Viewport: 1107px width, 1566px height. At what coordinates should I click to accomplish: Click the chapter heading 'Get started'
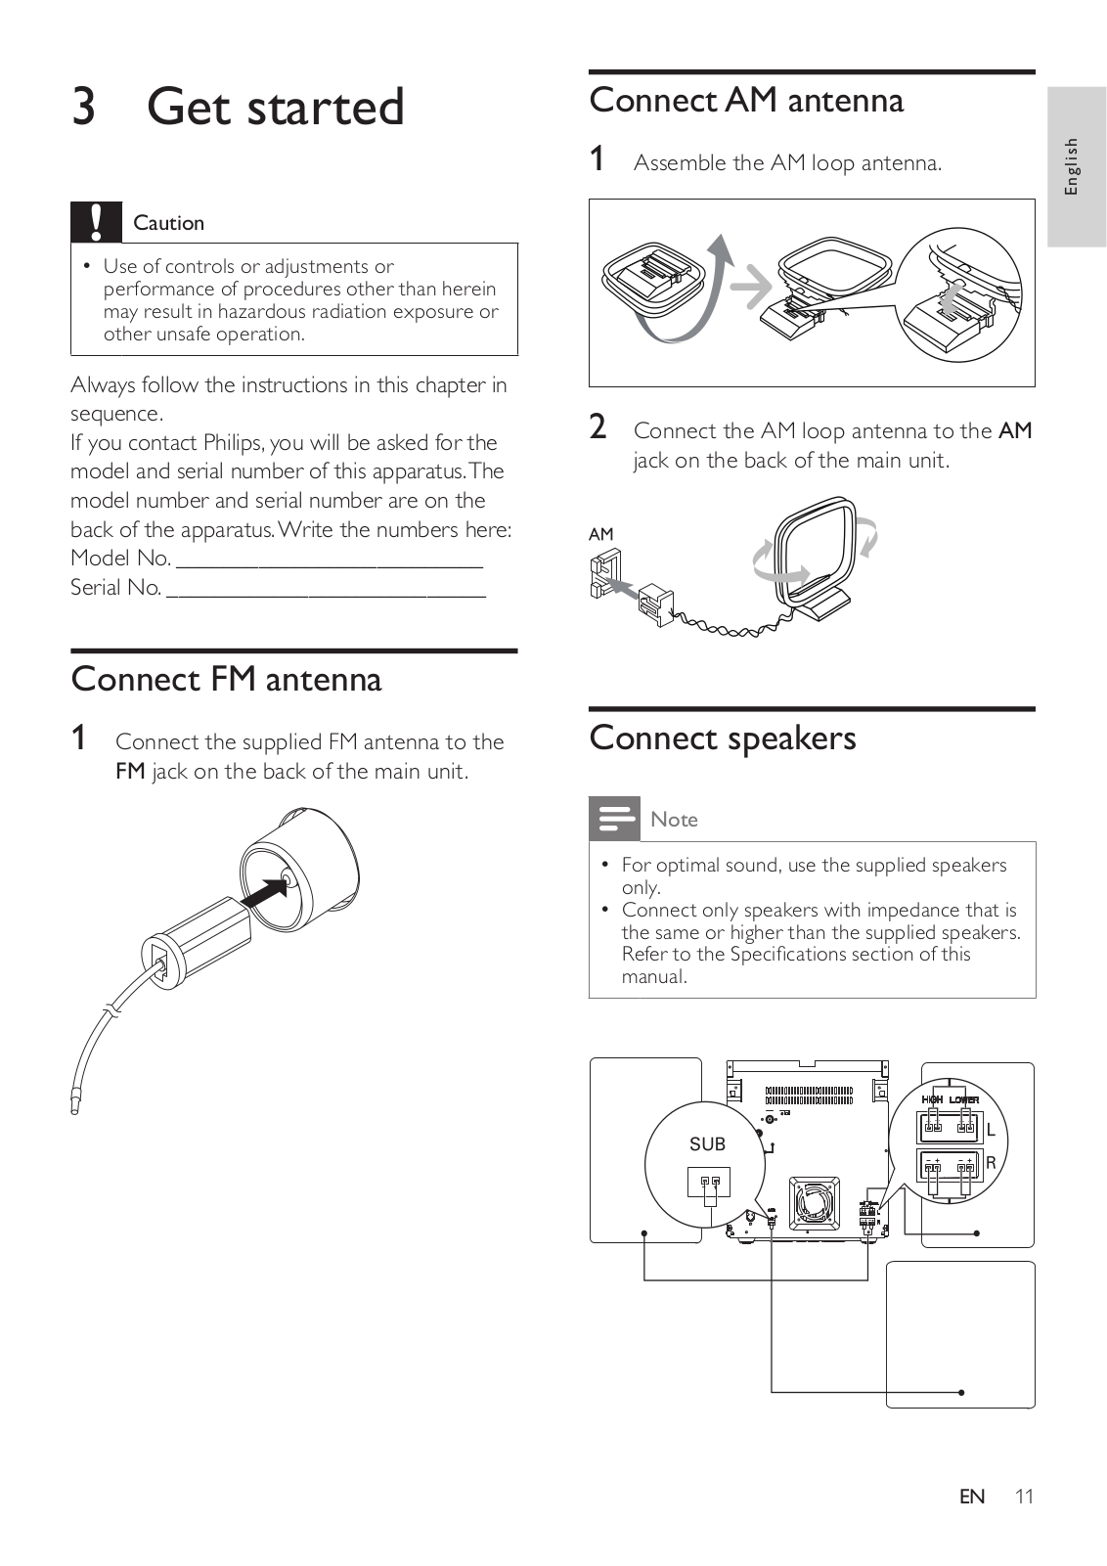(x=275, y=107)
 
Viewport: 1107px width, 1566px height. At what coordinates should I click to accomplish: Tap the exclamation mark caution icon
(x=96, y=222)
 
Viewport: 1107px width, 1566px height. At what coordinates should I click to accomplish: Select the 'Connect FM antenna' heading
(x=226, y=679)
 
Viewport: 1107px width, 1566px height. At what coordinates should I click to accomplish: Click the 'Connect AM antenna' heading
(x=746, y=100)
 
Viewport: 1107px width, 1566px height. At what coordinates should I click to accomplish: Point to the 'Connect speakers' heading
(x=722, y=738)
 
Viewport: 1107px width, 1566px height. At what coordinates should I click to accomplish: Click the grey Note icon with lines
(x=614, y=819)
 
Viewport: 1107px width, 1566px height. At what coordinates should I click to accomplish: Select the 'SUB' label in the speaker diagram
(x=707, y=1143)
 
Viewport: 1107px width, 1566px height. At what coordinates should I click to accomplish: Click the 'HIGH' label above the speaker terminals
(x=933, y=1099)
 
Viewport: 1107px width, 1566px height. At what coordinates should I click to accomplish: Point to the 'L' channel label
(x=991, y=1130)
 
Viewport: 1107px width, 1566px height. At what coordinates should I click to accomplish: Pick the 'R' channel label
(x=991, y=1163)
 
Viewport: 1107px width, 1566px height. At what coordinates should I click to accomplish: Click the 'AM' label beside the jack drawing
(x=600, y=534)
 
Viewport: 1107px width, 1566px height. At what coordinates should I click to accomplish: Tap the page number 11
(x=1023, y=1496)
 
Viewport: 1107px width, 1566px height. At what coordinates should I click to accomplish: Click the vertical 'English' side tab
(x=1072, y=165)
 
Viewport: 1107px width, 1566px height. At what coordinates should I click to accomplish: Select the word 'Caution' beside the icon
(x=168, y=223)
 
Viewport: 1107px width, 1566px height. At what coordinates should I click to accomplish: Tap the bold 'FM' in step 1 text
(x=130, y=771)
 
